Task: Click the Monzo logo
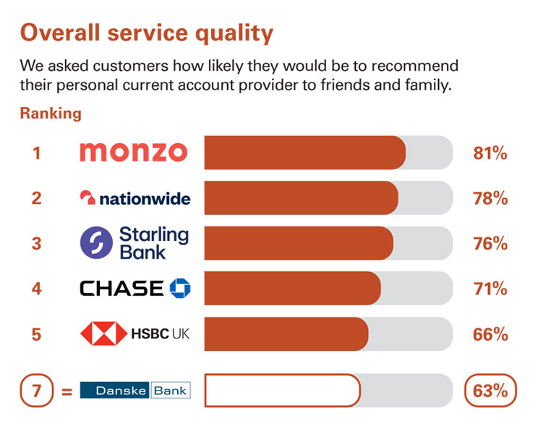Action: (133, 152)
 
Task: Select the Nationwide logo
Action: (135, 198)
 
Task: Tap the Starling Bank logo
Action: (134, 243)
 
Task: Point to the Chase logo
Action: (135, 289)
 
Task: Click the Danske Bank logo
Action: (134, 391)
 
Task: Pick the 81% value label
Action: (490, 153)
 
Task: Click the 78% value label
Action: (490, 198)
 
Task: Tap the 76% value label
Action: (490, 244)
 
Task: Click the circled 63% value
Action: (490, 391)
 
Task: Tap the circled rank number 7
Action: (36, 391)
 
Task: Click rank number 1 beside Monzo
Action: (36, 153)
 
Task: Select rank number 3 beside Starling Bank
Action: (36, 244)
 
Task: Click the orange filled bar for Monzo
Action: (304, 153)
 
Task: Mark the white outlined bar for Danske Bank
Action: (282, 391)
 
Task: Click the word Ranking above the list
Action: (51, 114)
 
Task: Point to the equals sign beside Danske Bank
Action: (67, 392)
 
